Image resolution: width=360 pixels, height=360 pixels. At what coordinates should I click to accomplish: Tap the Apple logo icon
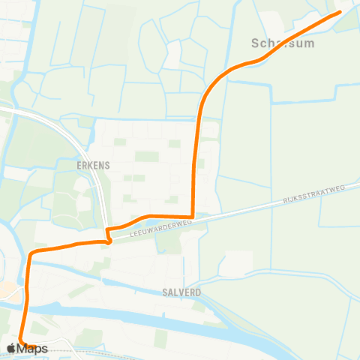click(x=11, y=349)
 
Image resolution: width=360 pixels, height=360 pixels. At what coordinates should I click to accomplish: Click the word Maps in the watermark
click(x=33, y=349)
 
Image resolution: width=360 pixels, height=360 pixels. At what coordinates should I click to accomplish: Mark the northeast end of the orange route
click(x=338, y=12)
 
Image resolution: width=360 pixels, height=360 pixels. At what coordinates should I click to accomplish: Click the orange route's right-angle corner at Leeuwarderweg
click(x=193, y=217)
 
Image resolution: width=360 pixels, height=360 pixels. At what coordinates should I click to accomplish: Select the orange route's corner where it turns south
click(x=30, y=255)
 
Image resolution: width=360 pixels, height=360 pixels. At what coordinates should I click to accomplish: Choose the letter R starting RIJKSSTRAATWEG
click(x=286, y=203)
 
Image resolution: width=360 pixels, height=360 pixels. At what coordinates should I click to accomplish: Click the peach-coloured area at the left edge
click(x=4, y=289)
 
